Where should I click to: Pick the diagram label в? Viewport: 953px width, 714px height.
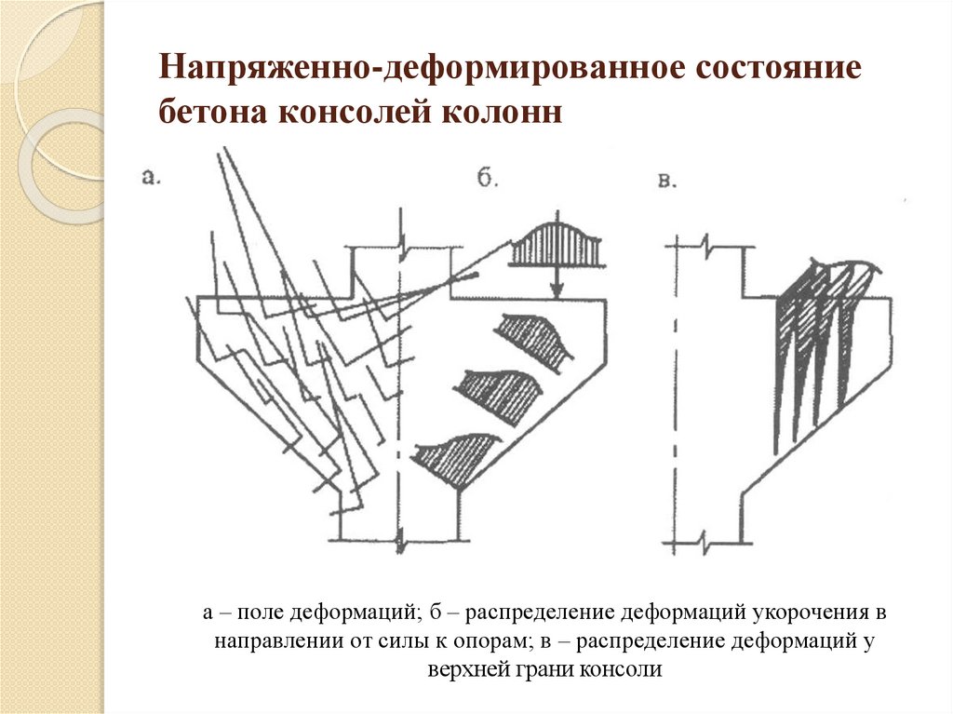tap(666, 181)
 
